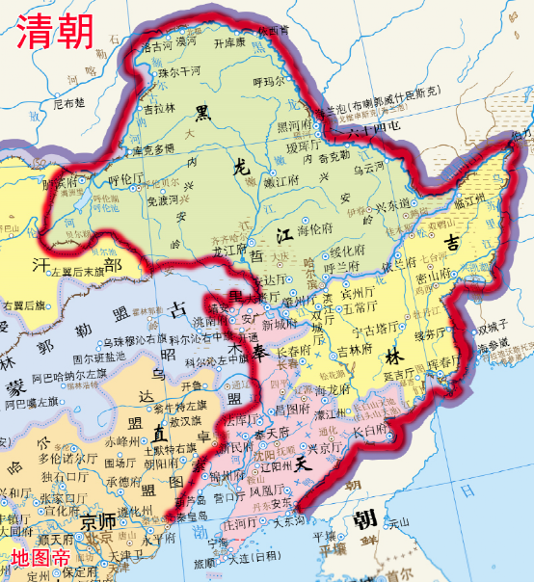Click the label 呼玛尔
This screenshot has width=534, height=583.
269,83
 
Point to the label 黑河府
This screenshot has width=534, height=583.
295,125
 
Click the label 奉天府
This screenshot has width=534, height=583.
271,435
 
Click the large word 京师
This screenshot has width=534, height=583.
98,522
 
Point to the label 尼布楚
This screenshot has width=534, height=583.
68,102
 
